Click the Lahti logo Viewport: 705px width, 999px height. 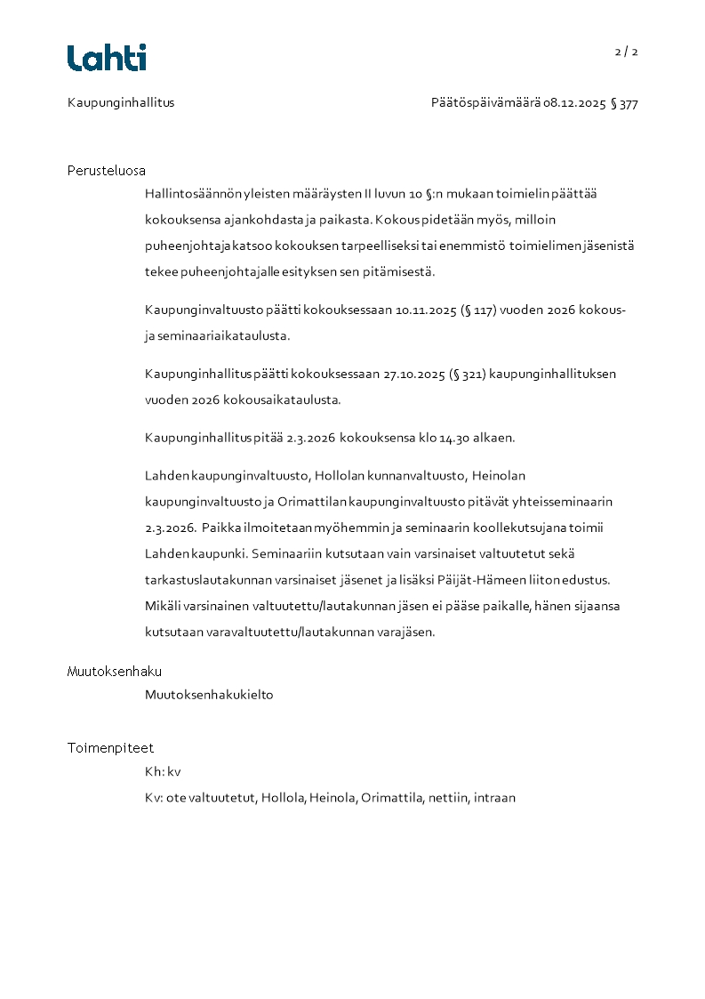coord(107,58)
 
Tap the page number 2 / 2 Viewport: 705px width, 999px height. coord(626,52)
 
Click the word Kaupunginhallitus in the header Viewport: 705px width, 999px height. coord(121,102)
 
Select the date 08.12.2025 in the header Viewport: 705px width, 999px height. coord(575,103)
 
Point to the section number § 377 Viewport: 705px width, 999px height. coord(624,103)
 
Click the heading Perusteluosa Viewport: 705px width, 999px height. coord(107,171)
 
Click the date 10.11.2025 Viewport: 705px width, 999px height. coord(424,310)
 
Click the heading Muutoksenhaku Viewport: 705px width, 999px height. coord(115,672)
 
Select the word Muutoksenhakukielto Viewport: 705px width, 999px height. coord(209,695)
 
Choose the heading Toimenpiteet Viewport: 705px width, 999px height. coord(110,748)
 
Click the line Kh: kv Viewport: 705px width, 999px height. coord(163,771)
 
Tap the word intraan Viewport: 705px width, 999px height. coord(494,798)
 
